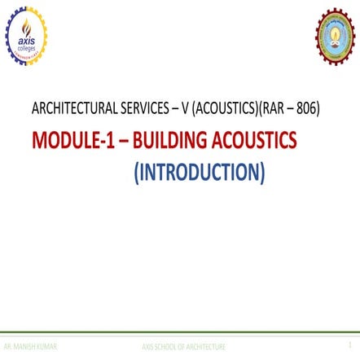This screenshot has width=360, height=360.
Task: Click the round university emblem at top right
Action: [x=335, y=36]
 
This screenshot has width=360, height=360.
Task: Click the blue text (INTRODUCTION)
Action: [x=200, y=172]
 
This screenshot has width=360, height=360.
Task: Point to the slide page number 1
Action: [x=350, y=346]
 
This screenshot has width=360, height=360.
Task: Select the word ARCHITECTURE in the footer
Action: [x=205, y=347]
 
